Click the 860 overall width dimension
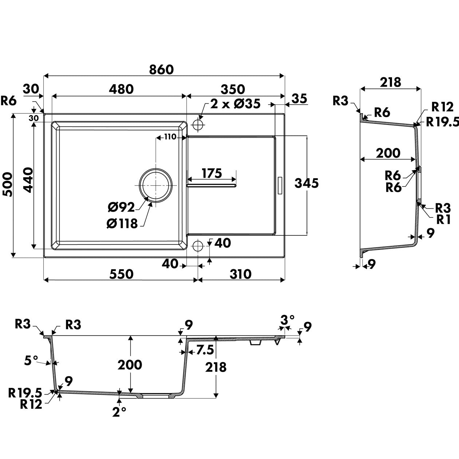tap(161, 70)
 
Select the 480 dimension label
tap(121, 89)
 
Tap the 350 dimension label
tap(233, 90)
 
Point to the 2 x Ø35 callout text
tap(235, 104)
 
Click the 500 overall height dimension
tap(8, 184)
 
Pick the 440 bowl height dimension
tap(28, 180)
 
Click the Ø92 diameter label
tap(121, 207)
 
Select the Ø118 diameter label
tap(122, 224)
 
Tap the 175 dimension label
tap(212, 173)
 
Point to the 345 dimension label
tap(307, 183)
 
